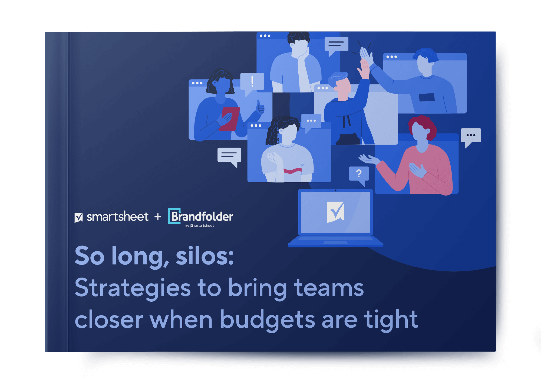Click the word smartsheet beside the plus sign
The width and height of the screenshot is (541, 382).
[117, 217]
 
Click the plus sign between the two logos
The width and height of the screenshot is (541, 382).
[158, 217]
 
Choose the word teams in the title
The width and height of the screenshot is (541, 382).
[329, 288]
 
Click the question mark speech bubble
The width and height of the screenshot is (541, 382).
[359, 175]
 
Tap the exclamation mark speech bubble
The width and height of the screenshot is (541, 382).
[252, 83]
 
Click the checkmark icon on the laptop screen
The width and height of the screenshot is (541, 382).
[335, 212]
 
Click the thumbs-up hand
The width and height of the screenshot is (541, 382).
[260, 107]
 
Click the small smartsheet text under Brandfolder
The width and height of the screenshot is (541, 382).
[204, 226]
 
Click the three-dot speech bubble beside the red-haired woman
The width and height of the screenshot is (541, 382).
[471, 137]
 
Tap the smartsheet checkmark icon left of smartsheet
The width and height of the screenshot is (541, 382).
[79, 217]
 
